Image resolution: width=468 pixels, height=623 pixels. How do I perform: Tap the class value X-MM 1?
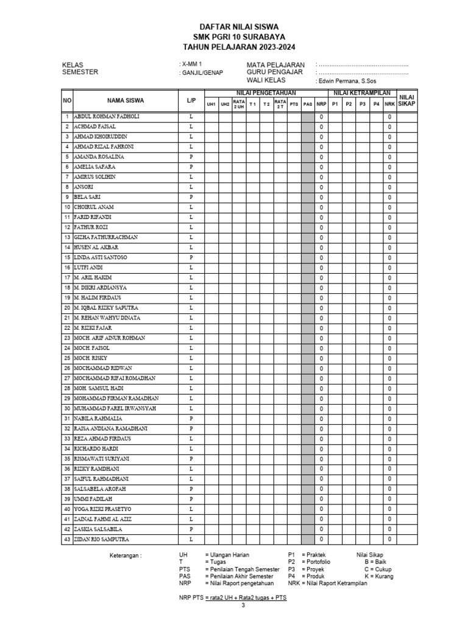(x=192, y=64)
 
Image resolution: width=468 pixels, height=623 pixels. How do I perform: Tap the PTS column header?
(x=294, y=104)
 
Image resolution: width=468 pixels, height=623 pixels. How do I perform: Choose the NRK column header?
(x=389, y=104)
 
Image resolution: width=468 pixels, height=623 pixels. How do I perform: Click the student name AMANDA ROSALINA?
(x=99, y=156)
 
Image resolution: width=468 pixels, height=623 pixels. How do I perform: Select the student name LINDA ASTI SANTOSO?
(x=101, y=257)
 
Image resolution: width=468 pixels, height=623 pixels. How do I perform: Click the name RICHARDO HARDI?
(x=95, y=448)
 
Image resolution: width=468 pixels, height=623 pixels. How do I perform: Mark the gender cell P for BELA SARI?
(x=191, y=197)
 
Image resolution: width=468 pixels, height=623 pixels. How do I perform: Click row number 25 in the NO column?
(x=66, y=358)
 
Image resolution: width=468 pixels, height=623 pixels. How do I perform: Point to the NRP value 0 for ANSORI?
(x=321, y=187)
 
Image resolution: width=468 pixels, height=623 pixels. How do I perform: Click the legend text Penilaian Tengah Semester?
(x=243, y=569)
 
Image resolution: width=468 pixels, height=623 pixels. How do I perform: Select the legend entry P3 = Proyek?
(x=308, y=569)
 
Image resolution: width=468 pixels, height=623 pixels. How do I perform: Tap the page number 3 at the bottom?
(x=243, y=605)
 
